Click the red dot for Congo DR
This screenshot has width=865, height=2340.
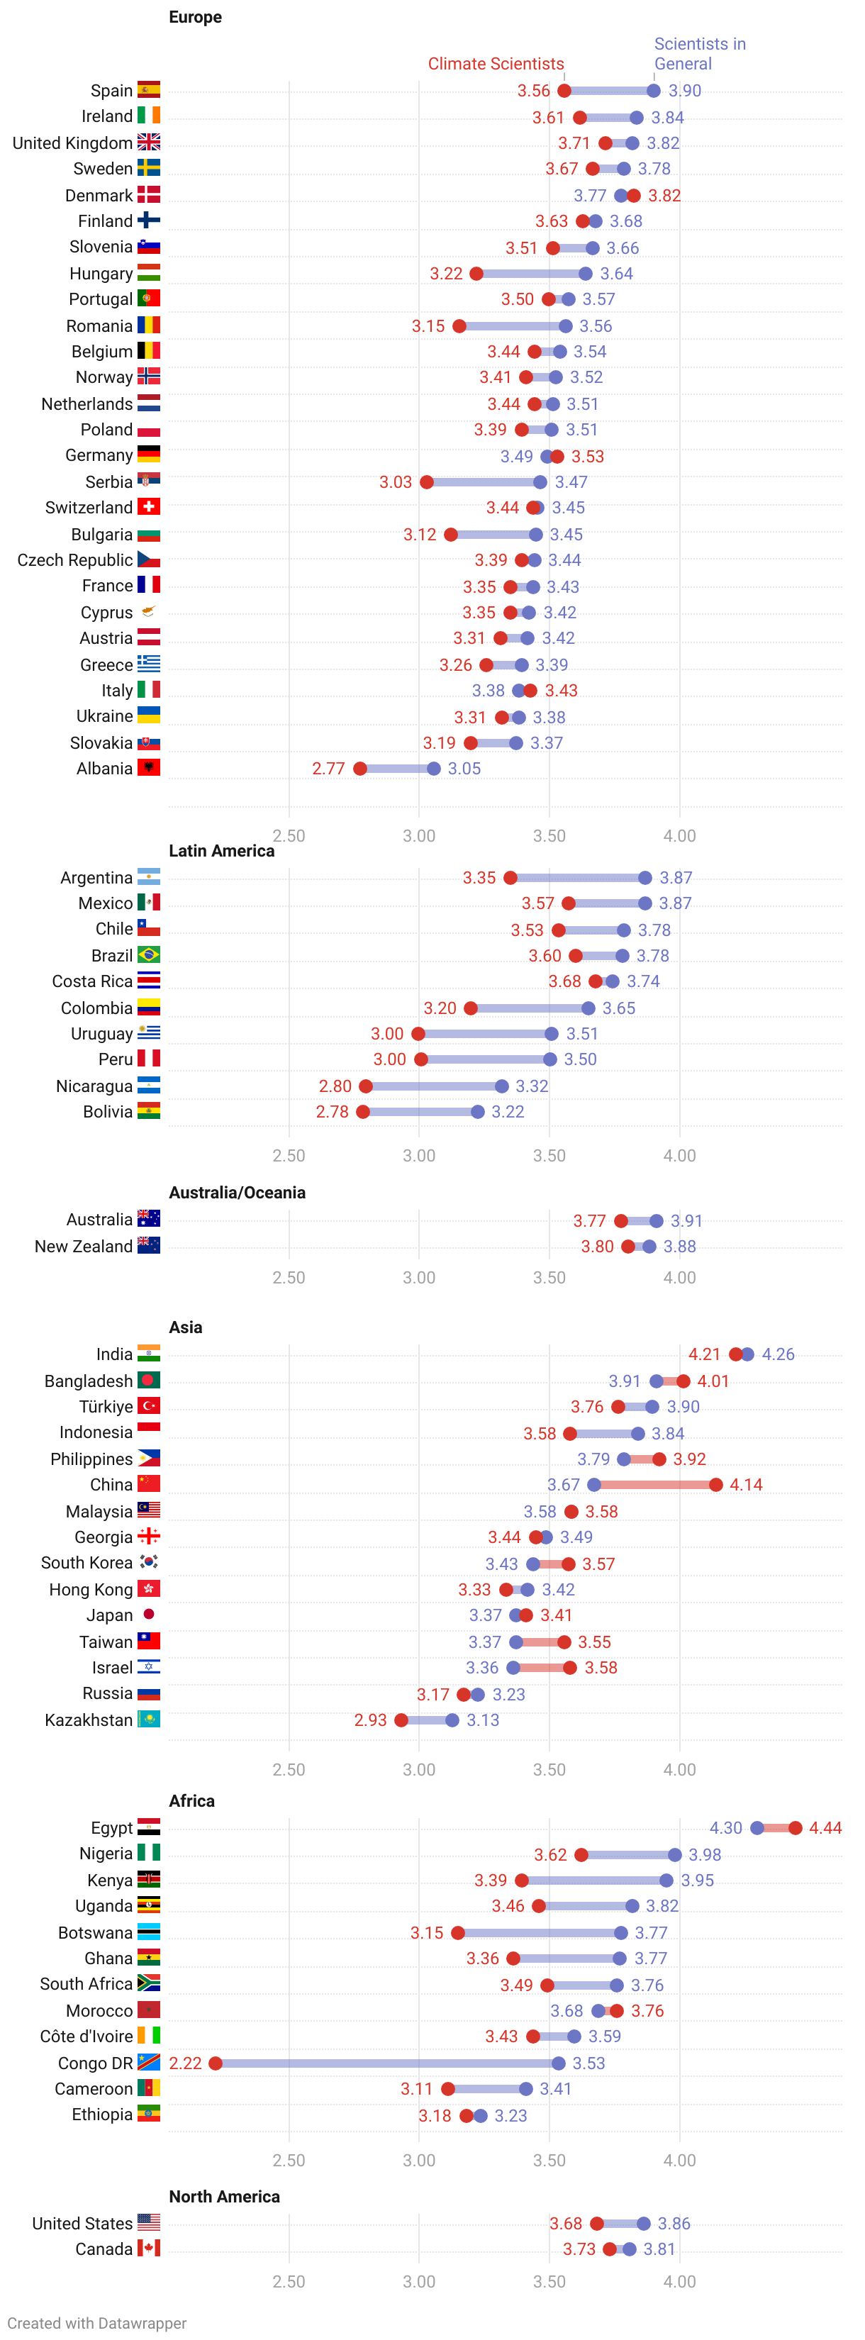216,2063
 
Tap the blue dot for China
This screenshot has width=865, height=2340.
594,1484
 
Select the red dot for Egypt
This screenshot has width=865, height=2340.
796,1827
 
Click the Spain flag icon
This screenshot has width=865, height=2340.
149,89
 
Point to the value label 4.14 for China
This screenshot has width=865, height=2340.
746,1484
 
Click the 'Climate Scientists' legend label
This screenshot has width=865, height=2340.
496,64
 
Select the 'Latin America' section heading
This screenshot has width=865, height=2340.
222,850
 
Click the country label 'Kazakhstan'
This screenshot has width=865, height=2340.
89,1720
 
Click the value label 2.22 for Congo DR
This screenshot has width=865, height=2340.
185,2063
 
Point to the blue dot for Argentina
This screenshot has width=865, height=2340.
645,878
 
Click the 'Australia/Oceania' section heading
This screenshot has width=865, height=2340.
237,1193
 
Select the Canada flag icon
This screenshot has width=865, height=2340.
149,2249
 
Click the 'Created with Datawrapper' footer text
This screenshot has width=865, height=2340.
96,2323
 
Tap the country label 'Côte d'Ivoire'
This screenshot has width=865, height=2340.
86,2036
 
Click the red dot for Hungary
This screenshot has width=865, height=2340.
477,274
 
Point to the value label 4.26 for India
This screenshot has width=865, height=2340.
778,1354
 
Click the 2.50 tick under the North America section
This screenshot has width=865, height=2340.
289,2281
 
